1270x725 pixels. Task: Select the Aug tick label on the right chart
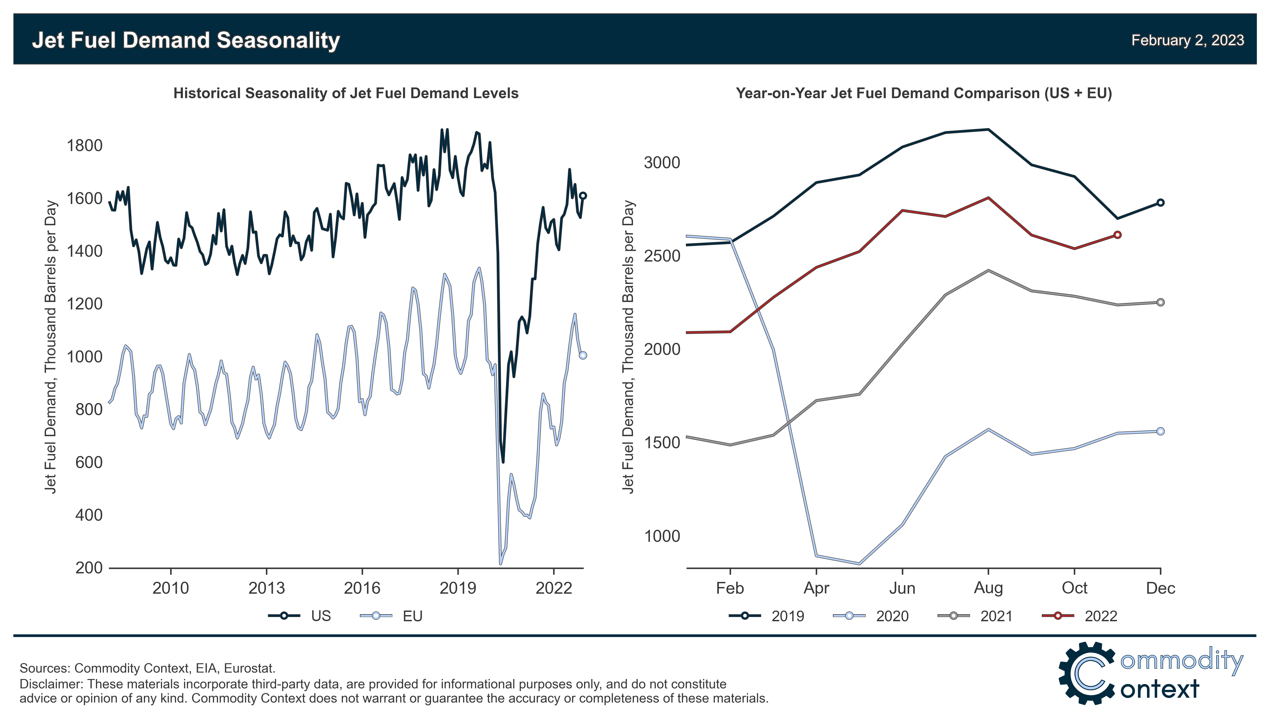(988, 588)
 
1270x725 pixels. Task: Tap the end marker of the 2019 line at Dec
(1160, 203)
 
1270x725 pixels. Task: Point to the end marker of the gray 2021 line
(1160, 302)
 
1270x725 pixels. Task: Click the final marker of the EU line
(583, 355)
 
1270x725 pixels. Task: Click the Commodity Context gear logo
(1087, 673)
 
